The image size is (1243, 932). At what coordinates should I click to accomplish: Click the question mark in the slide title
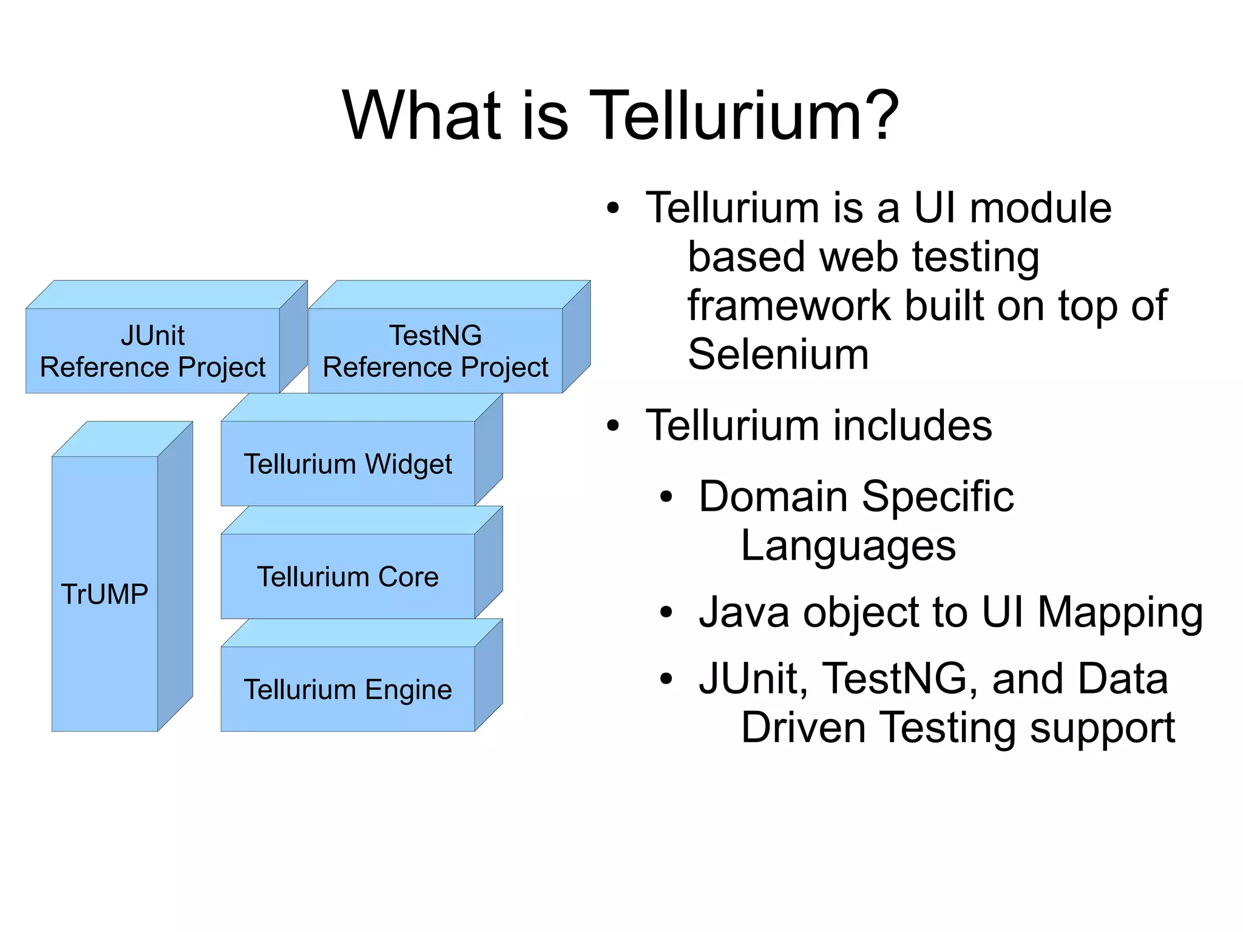879,115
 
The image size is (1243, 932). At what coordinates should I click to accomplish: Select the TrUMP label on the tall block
104,594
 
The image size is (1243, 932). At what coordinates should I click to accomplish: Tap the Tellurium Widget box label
348,464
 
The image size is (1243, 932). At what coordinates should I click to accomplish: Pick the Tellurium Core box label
348,577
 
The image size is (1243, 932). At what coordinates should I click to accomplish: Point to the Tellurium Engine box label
348,690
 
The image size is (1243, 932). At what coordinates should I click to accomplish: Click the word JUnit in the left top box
152,335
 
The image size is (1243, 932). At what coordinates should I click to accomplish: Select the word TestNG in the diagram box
435,335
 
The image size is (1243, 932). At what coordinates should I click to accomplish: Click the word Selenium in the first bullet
778,354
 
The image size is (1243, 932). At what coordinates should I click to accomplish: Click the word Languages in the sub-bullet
848,546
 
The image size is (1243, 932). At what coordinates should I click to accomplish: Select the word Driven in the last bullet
803,727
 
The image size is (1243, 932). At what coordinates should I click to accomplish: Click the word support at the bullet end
1102,729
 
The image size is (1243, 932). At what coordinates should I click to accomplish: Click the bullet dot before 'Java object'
666,613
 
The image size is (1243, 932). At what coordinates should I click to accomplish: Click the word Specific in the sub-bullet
938,497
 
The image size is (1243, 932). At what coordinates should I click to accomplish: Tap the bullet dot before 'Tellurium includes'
613,426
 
